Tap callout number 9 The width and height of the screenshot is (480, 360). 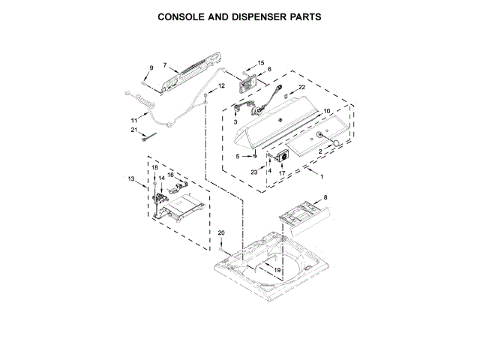click(x=151, y=68)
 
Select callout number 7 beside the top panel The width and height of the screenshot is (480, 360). click(x=164, y=66)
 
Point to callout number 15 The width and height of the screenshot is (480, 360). click(x=261, y=63)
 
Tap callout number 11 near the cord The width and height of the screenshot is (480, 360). click(x=134, y=120)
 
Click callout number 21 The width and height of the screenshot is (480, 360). click(x=134, y=130)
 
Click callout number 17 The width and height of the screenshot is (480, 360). click(x=283, y=173)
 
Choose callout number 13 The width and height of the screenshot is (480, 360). click(x=131, y=178)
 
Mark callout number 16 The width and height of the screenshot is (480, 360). click(x=171, y=175)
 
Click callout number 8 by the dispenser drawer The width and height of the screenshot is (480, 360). click(x=325, y=197)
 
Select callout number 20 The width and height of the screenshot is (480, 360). click(x=221, y=233)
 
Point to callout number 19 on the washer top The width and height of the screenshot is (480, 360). click(x=277, y=269)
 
